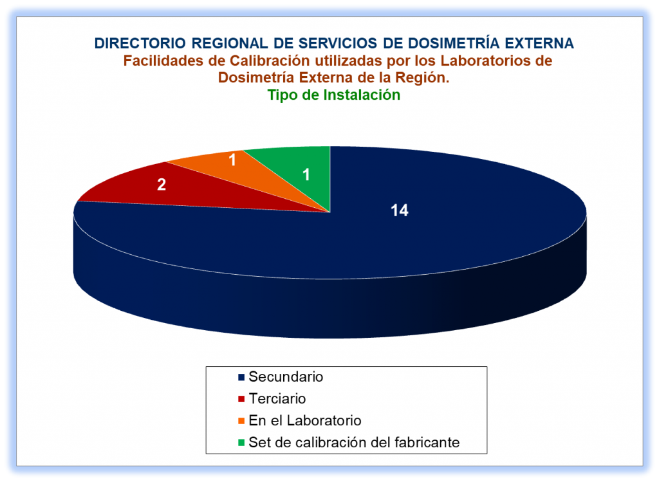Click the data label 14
click(x=399, y=210)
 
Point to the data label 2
click(x=162, y=185)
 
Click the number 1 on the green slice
click(x=306, y=174)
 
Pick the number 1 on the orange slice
click(x=232, y=160)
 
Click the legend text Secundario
click(x=286, y=376)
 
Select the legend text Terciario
click(x=277, y=398)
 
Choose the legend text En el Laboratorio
click(x=305, y=420)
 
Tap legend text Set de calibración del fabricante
click(x=355, y=442)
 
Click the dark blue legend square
click(x=241, y=377)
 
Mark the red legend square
click(x=241, y=399)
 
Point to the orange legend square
click(x=241, y=421)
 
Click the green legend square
click(x=241, y=443)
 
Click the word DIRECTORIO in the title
click(x=140, y=43)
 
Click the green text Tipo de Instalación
click(x=334, y=95)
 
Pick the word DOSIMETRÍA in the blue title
click(x=454, y=43)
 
